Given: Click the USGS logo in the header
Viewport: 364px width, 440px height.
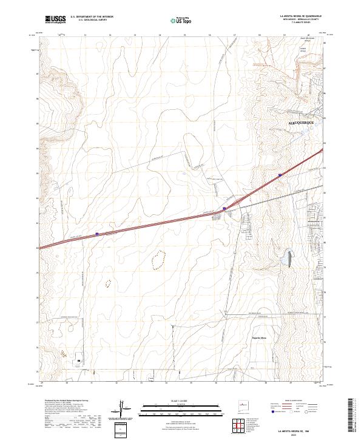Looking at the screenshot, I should click(55, 19).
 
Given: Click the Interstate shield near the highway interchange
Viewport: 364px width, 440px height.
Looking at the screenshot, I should click(224, 208).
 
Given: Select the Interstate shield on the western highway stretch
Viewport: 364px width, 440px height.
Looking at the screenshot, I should click(97, 232).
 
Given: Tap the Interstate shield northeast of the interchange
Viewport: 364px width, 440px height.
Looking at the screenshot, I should click(280, 175).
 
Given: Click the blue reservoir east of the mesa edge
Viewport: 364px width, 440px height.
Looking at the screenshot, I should click(289, 259).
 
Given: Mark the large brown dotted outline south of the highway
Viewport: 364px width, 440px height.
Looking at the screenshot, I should click(158, 260).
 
